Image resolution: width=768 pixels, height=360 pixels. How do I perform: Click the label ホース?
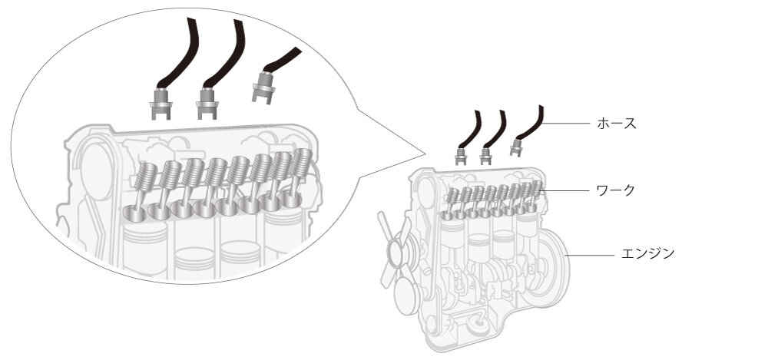click(x=617, y=123)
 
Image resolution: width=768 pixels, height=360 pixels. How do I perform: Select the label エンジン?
click(x=647, y=253)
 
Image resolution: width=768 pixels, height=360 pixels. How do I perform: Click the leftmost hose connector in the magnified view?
click(x=161, y=104)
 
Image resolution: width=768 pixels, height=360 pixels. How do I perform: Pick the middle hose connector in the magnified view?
click(x=206, y=104)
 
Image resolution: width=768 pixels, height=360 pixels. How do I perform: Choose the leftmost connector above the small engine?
click(x=461, y=156)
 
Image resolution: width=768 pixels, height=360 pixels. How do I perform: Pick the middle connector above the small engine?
click(x=485, y=156)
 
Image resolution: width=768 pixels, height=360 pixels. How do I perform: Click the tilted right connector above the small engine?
click(x=517, y=147)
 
